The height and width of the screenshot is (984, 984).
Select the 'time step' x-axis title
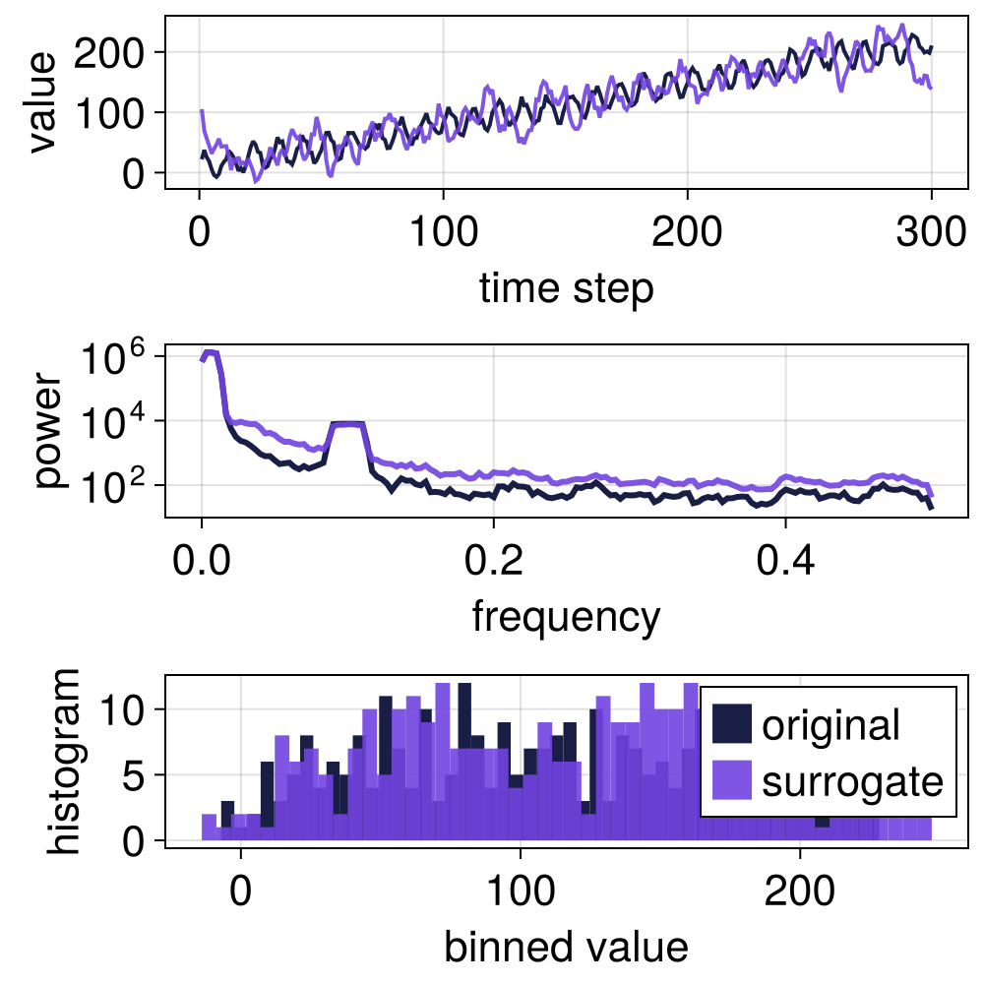(x=566, y=288)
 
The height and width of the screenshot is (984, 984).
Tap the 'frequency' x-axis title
(x=566, y=617)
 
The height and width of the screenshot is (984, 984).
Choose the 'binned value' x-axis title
(x=566, y=947)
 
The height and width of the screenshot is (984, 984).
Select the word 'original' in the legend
(x=830, y=725)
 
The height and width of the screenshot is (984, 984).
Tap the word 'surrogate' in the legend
(x=852, y=782)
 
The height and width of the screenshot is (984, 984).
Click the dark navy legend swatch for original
(x=731, y=725)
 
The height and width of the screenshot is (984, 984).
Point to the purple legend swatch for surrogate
(x=731, y=782)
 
